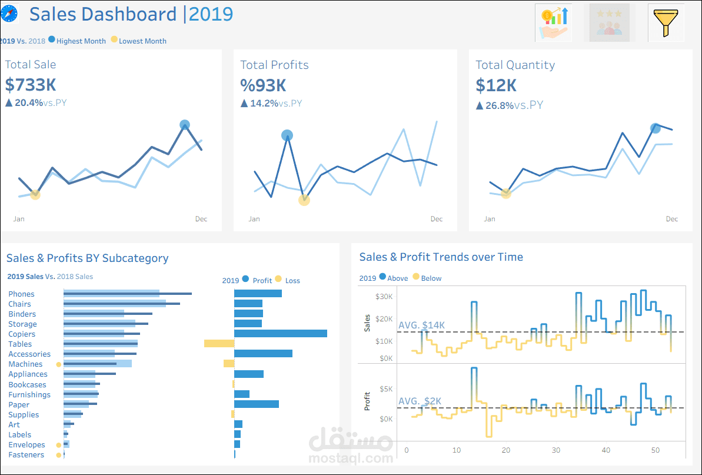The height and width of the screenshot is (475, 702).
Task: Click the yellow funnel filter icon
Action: pos(666,22)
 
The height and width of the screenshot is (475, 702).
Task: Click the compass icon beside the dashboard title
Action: pos(9,14)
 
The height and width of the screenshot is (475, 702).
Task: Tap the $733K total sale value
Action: pos(31,85)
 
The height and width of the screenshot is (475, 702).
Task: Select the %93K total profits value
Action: pos(263,85)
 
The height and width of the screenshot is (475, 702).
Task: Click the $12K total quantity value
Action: pos(496,85)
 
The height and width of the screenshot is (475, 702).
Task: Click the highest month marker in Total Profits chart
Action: pos(287,135)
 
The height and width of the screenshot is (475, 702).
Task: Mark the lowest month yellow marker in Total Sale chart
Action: pos(35,194)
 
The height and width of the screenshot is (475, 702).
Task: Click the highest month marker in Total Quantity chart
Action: pos(656,128)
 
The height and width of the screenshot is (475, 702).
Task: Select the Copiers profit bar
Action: pos(280,334)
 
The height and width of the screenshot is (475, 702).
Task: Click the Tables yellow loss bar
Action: pos(219,344)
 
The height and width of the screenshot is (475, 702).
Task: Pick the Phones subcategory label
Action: pos(22,294)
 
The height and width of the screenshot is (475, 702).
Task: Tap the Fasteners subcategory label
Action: pos(26,455)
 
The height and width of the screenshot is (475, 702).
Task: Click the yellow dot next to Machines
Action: pos(58,364)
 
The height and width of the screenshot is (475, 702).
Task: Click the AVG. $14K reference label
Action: pos(422,325)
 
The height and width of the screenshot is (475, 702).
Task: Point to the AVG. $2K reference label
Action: pos(420,401)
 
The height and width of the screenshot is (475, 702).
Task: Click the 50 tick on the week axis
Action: pos(656,450)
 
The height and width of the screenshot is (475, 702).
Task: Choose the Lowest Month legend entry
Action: pos(142,41)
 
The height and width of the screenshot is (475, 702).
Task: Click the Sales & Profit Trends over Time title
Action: pos(441,257)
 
